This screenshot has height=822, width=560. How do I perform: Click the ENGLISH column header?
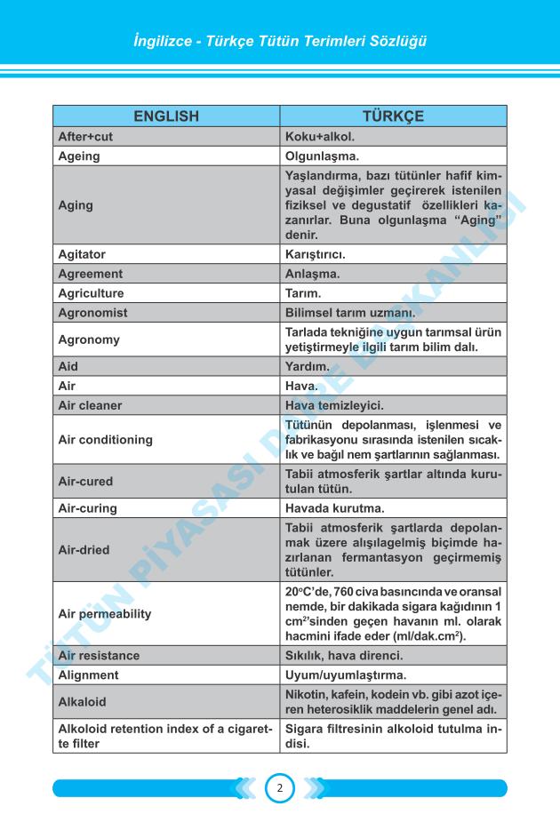click(166, 116)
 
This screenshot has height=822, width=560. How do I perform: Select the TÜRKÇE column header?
click(393, 116)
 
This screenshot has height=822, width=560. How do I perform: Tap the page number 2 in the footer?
click(279, 787)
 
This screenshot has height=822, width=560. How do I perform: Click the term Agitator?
click(82, 254)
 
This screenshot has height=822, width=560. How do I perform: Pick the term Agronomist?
click(92, 313)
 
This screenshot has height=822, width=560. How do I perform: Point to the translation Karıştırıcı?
click(315, 254)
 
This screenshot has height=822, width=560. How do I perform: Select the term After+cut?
click(85, 137)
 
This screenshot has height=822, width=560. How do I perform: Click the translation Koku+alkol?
click(319, 137)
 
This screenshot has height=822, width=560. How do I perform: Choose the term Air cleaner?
click(90, 405)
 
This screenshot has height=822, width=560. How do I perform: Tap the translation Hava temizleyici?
click(334, 405)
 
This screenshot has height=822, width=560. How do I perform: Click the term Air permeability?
click(104, 614)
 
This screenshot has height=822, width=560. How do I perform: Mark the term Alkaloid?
click(82, 702)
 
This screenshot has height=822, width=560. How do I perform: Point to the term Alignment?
click(88, 675)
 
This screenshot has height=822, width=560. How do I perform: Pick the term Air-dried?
click(84, 550)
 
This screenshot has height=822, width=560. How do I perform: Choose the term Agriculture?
click(91, 293)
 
